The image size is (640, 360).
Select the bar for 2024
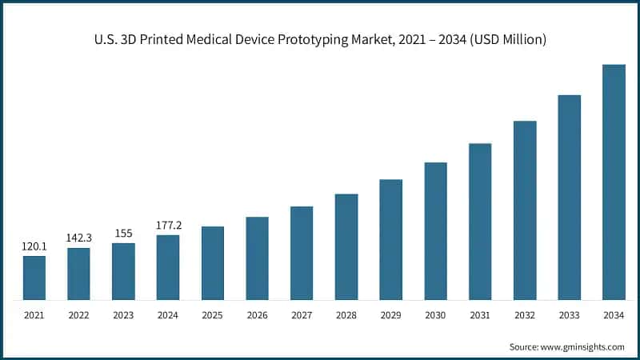tap(168, 267)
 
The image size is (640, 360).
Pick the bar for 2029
tap(390, 239)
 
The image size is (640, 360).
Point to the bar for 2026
tap(257, 258)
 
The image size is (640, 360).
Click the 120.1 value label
tap(34, 246)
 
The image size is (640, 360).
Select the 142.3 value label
tap(78, 238)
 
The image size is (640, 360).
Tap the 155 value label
tap(123, 233)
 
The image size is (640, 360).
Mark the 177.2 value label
tap(168, 225)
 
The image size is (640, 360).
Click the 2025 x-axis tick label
tap(212, 316)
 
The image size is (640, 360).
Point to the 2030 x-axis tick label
tap(435, 316)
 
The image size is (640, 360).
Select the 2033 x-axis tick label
tap(569, 316)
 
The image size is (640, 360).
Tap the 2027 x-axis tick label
tap(302, 316)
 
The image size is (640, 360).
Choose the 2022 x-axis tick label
tap(78, 316)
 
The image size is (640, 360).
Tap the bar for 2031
tap(480, 222)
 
